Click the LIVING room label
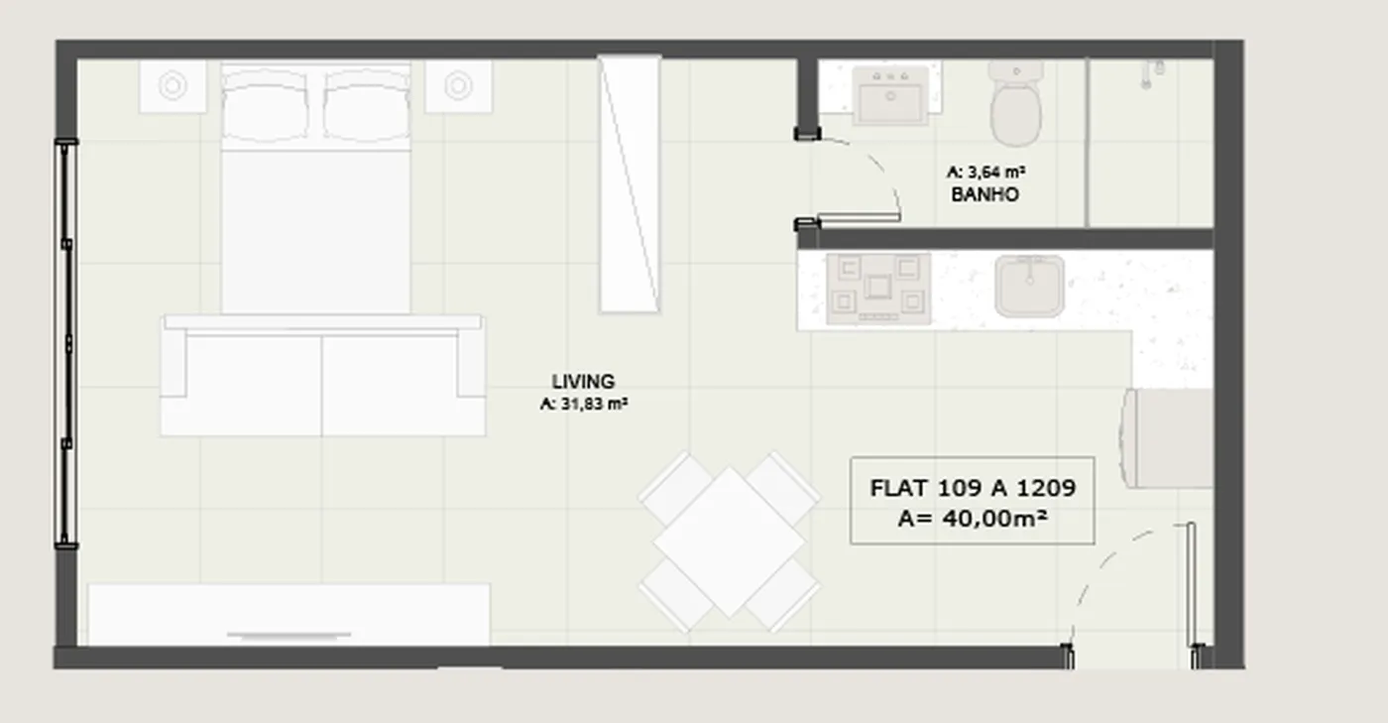pos(583,382)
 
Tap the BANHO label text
pos(984,194)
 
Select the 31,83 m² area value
pos(594,405)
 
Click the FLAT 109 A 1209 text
pos(973,488)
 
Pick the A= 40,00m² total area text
pos(973,518)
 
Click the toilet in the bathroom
pos(1015,103)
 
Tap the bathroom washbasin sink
pos(890,95)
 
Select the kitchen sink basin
pos(1029,286)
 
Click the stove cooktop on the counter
pos(878,289)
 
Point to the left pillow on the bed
pos(265,105)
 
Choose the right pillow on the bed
pos(367,105)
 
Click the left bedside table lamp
pos(173,85)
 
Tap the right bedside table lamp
pos(458,85)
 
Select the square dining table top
pos(730,542)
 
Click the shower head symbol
pos(1152,73)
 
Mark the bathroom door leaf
pos(859,217)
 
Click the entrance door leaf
pos(1191,585)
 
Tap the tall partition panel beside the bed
pos(630,184)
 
